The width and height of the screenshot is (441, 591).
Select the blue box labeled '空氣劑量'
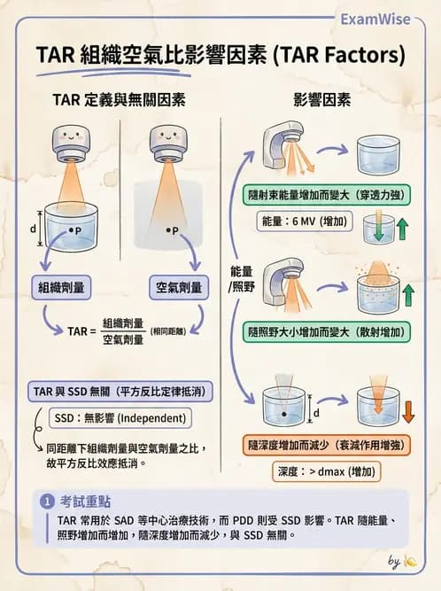[179, 287]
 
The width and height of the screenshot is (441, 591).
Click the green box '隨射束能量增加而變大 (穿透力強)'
[331, 191]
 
